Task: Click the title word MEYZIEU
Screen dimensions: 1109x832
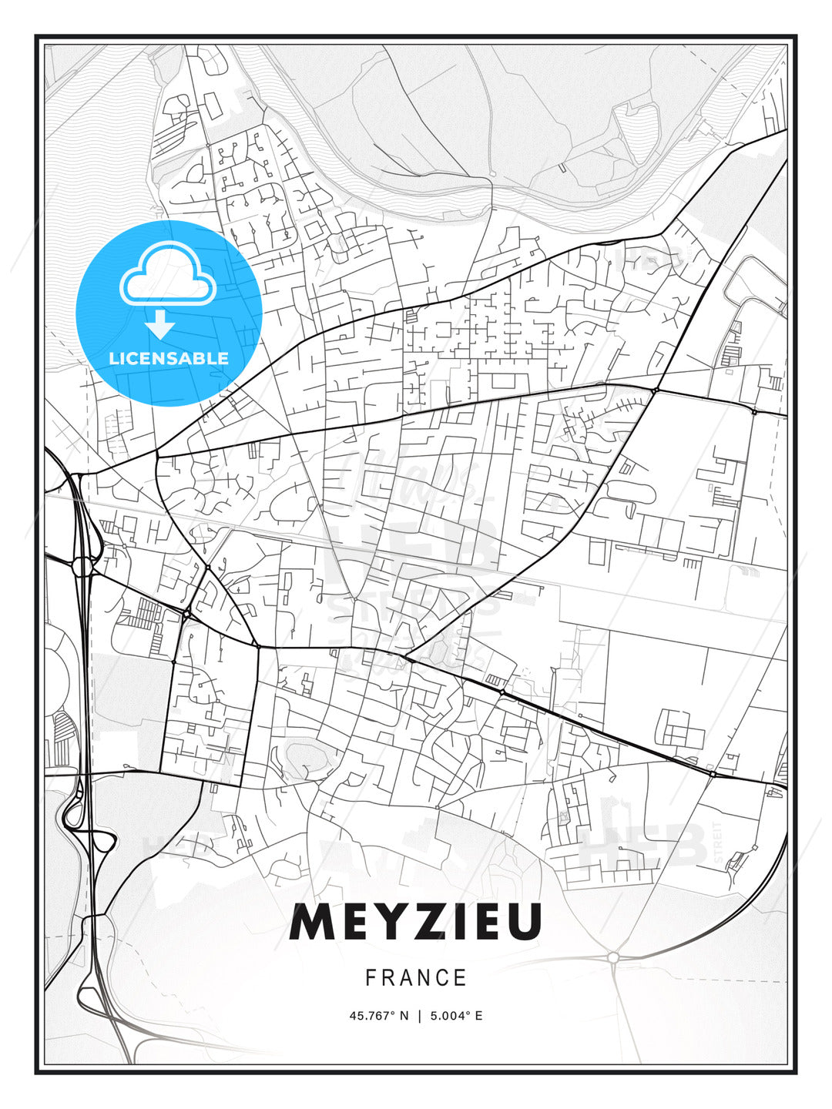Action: coord(415,922)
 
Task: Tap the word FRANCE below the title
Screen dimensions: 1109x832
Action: coord(416,978)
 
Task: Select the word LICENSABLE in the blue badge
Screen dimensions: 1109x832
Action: coord(169,358)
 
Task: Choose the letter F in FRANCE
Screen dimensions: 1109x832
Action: coord(371,978)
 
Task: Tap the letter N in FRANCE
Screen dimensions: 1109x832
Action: coord(424,978)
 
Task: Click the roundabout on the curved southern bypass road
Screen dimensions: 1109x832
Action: coord(613,957)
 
